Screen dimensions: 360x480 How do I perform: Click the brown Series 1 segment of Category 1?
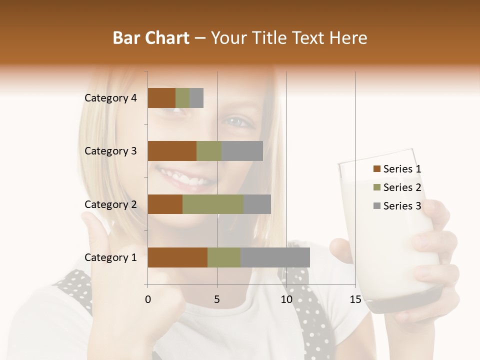tap(177, 257)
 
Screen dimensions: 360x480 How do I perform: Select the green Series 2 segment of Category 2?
tap(213, 204)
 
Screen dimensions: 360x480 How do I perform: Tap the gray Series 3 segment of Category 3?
tap(242, 151)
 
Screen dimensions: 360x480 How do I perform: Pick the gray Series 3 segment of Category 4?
tap(196, 98)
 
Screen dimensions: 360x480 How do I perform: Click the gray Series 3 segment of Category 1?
tap(275, 257)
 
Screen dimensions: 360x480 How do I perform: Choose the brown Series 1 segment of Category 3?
tap(172, 151)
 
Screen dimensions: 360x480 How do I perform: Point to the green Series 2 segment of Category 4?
tap(182, 98)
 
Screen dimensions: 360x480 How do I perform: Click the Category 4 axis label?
tap(110, 98)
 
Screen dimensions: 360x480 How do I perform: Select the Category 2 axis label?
tap(110, 204)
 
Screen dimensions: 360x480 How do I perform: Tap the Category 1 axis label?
tap(110, 257)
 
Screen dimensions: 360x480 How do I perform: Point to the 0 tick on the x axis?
tap(148, 299)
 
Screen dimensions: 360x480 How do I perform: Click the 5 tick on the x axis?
tap(217, 299)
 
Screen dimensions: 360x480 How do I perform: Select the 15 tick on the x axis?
tap(355, 299)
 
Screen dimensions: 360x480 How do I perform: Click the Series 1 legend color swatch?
tap(376, 169)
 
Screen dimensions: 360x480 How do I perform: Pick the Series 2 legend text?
tap(402, 187)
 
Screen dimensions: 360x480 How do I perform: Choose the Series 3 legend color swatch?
tap(376, 206)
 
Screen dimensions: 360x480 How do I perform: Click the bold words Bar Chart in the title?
tap(150, 38)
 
